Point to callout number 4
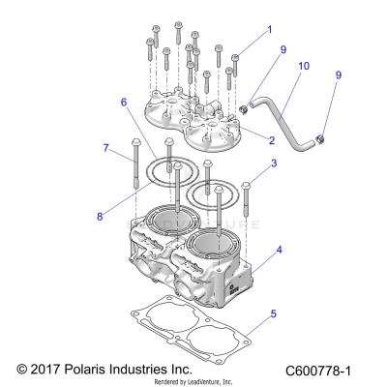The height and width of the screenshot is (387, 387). (280, 250)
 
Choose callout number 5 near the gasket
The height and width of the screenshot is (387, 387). (274, 313)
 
